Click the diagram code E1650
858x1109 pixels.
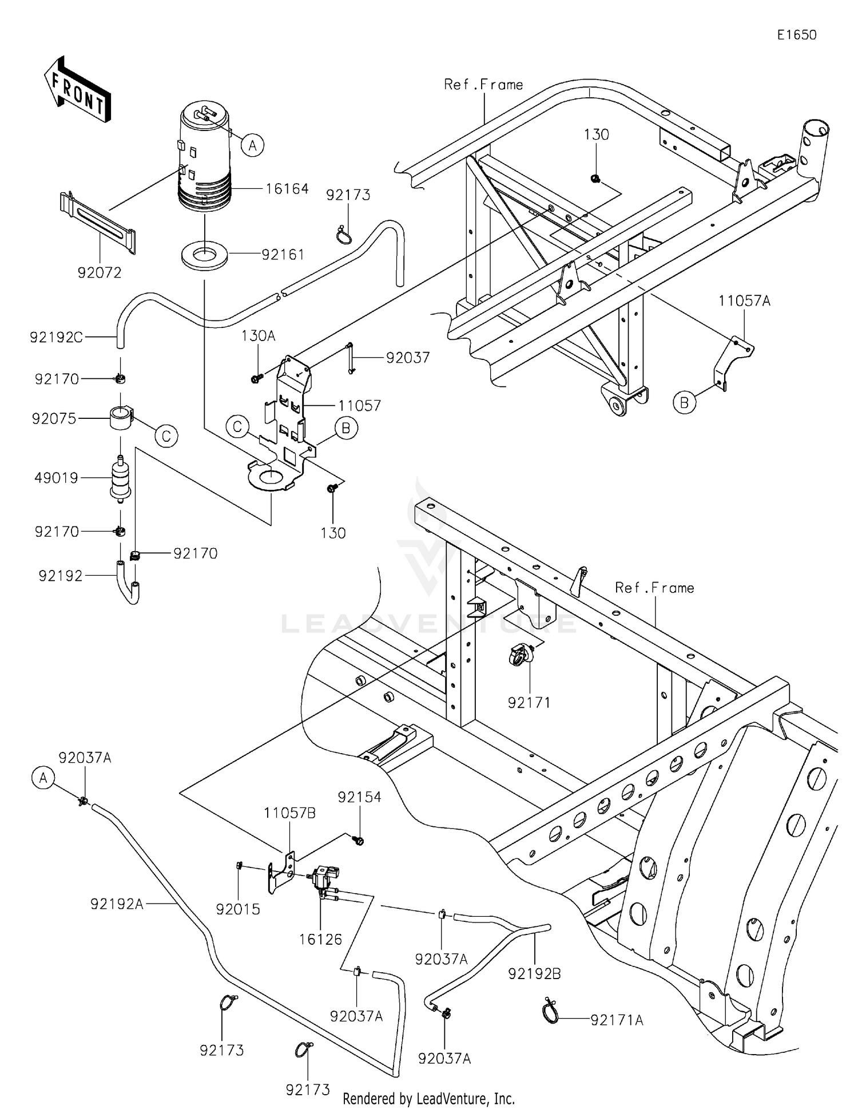click(796, 35)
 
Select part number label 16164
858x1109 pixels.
click(287, 189)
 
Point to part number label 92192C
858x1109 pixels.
click(56, 338)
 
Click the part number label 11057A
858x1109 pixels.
click(744, 301)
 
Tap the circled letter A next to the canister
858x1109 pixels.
click(252, 145)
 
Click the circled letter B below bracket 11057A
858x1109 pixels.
click(684, 403)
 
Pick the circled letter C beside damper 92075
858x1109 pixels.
click(166, 437)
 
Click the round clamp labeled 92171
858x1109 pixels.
click(521, 655)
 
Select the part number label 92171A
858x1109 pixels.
click(617, 1020)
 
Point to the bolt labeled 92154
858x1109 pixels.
click(359, 840)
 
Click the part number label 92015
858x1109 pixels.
click(238, 909)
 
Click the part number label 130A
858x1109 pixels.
click(258, 336)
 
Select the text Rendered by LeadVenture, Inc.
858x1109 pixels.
click(428, 1098)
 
